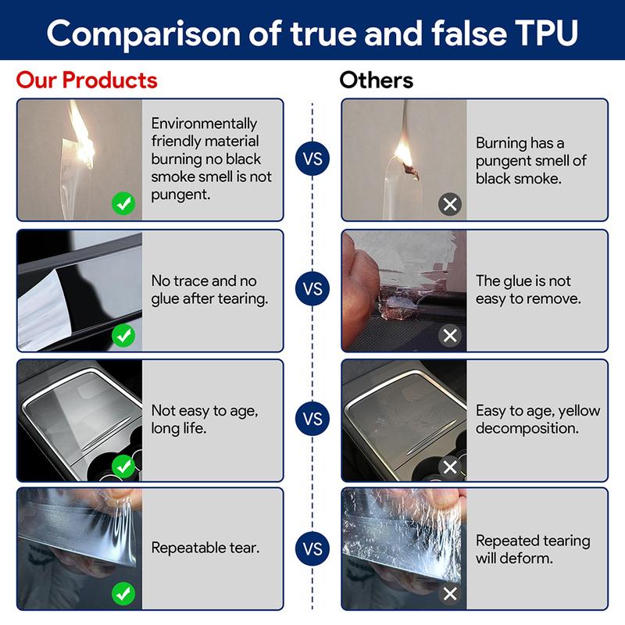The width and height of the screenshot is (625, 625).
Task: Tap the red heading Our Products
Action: [87, 80]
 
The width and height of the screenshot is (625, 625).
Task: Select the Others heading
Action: [377, 80]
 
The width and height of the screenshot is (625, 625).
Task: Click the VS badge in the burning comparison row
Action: [312, 159]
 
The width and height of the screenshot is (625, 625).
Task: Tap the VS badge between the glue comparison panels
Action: [312, 288]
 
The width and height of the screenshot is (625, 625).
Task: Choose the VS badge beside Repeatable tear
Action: [312, 549]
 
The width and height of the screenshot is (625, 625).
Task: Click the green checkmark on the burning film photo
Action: [123, 204]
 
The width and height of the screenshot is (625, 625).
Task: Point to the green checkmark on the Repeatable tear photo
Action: [123, 594]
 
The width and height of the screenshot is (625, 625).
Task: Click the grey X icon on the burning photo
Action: [450, 205]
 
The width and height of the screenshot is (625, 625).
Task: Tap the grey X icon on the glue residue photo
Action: [450, 335]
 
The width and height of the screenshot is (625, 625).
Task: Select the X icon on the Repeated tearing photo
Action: [450, 594]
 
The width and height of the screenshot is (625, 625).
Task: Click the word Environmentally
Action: [204, 124]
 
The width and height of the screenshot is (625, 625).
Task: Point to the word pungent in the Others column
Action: [502, 161]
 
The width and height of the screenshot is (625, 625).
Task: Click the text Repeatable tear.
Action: [205, 548]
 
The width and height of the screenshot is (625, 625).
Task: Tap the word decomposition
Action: [527, 428]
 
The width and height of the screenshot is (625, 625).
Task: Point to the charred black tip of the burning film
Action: [412, 172]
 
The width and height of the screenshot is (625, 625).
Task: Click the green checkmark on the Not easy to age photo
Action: [123, 466]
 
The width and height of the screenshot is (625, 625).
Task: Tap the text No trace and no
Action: [204, 281]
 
